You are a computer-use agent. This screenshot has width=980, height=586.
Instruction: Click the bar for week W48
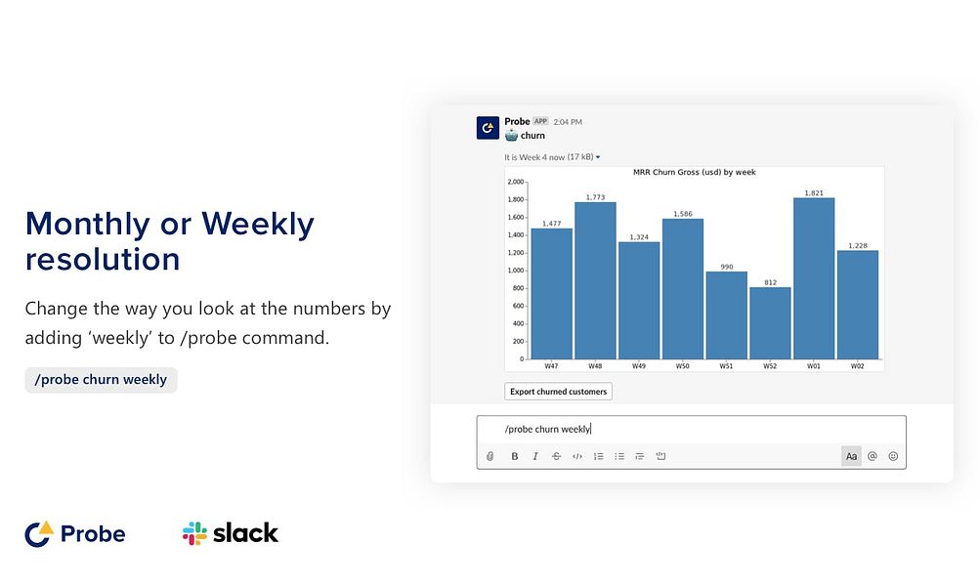(x=595, y=280)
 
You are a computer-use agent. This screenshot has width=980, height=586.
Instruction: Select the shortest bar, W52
(x=770, y=323)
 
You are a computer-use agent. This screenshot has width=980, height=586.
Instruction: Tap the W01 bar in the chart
(x=814, y=278)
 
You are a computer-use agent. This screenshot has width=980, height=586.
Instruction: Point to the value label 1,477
(x=551, y=223)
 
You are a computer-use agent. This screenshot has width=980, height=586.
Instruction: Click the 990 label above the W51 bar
(x=726, y=267)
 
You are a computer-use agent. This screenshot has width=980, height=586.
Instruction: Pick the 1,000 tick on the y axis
(x=516, y=271)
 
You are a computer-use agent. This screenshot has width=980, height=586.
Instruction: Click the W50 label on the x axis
(x=683, y=366)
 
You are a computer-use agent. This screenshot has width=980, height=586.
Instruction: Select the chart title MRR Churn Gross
(x=695, y=173)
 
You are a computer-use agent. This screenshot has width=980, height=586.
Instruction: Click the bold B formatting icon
(x=514, y=457)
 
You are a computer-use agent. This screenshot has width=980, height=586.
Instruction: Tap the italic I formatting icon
(x=535, y=457)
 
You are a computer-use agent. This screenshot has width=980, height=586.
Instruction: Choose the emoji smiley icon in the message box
(x=893, y=457)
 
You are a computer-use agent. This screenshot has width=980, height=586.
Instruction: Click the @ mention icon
(x=873, y=457)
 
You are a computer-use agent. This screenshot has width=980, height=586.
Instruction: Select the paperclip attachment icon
(x=490, y=457)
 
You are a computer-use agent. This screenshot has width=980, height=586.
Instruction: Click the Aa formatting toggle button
(x=851, y=457)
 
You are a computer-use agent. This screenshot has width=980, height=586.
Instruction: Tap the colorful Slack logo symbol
(x=194, y=533)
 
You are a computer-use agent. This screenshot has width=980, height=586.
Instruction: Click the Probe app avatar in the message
(x=488, y=127)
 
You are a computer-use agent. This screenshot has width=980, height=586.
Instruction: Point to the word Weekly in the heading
(x=258, y=225)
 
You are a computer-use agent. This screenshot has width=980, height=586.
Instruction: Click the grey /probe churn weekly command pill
(x=102, y=380)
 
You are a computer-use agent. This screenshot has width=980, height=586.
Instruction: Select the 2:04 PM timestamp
(x=568, y=122)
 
